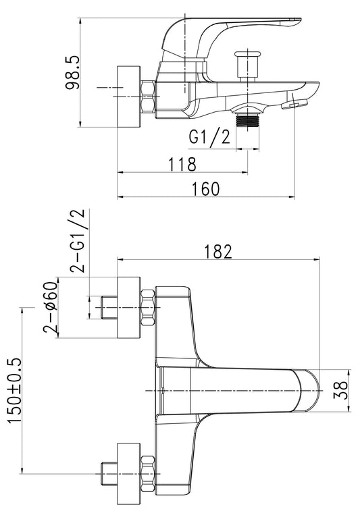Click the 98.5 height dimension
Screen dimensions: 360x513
pyautogui.click(x=73, y=72)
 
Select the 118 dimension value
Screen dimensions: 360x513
pyautogui.click(x=182, y=164)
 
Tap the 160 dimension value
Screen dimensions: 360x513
pyautogui.click(x=205, y=189)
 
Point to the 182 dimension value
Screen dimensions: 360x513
pyautogui.click(x=218, y=252)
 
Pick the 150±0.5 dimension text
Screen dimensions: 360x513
pyautogui.click(x=14, y=391)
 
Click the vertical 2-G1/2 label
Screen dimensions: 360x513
pyautogui.click(x=77, y=241)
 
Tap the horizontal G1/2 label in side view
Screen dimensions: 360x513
pyautogui.click(x=209, y=137)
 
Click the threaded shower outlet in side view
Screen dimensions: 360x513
pyautogui.click(x=248, y=120)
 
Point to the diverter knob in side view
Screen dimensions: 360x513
pyautogui.click(x=248, y=65)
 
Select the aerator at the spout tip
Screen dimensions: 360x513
pyautogui.click(x=294, y=105)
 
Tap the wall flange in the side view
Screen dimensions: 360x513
pyautogui.click(x=129, y=97)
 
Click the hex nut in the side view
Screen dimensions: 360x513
pyautogui.click(x=148, y=97)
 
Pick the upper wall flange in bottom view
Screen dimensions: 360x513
pyautogui.click(x=129, y=308)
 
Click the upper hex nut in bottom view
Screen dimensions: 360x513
pyautogui.click(x=148, y=308)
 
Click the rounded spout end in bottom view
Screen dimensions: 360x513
pyautogui.click(x=310, y=390)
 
